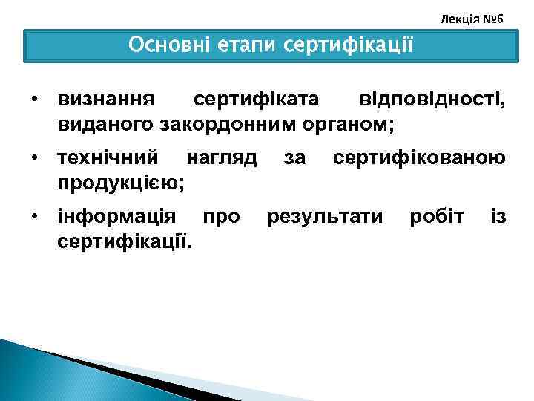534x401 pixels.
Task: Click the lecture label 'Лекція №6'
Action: click(x=471, y=17)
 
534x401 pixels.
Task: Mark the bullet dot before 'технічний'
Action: click(x=34, y=158)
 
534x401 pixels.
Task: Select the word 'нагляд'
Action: click(x=222, y=158)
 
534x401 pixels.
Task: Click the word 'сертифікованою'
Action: click(x=420, y=158)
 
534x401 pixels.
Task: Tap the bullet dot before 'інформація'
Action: click(x=34, y=217)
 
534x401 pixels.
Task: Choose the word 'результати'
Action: click(x=326, y=217)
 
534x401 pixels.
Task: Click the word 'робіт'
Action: click(x=437, y=217)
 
